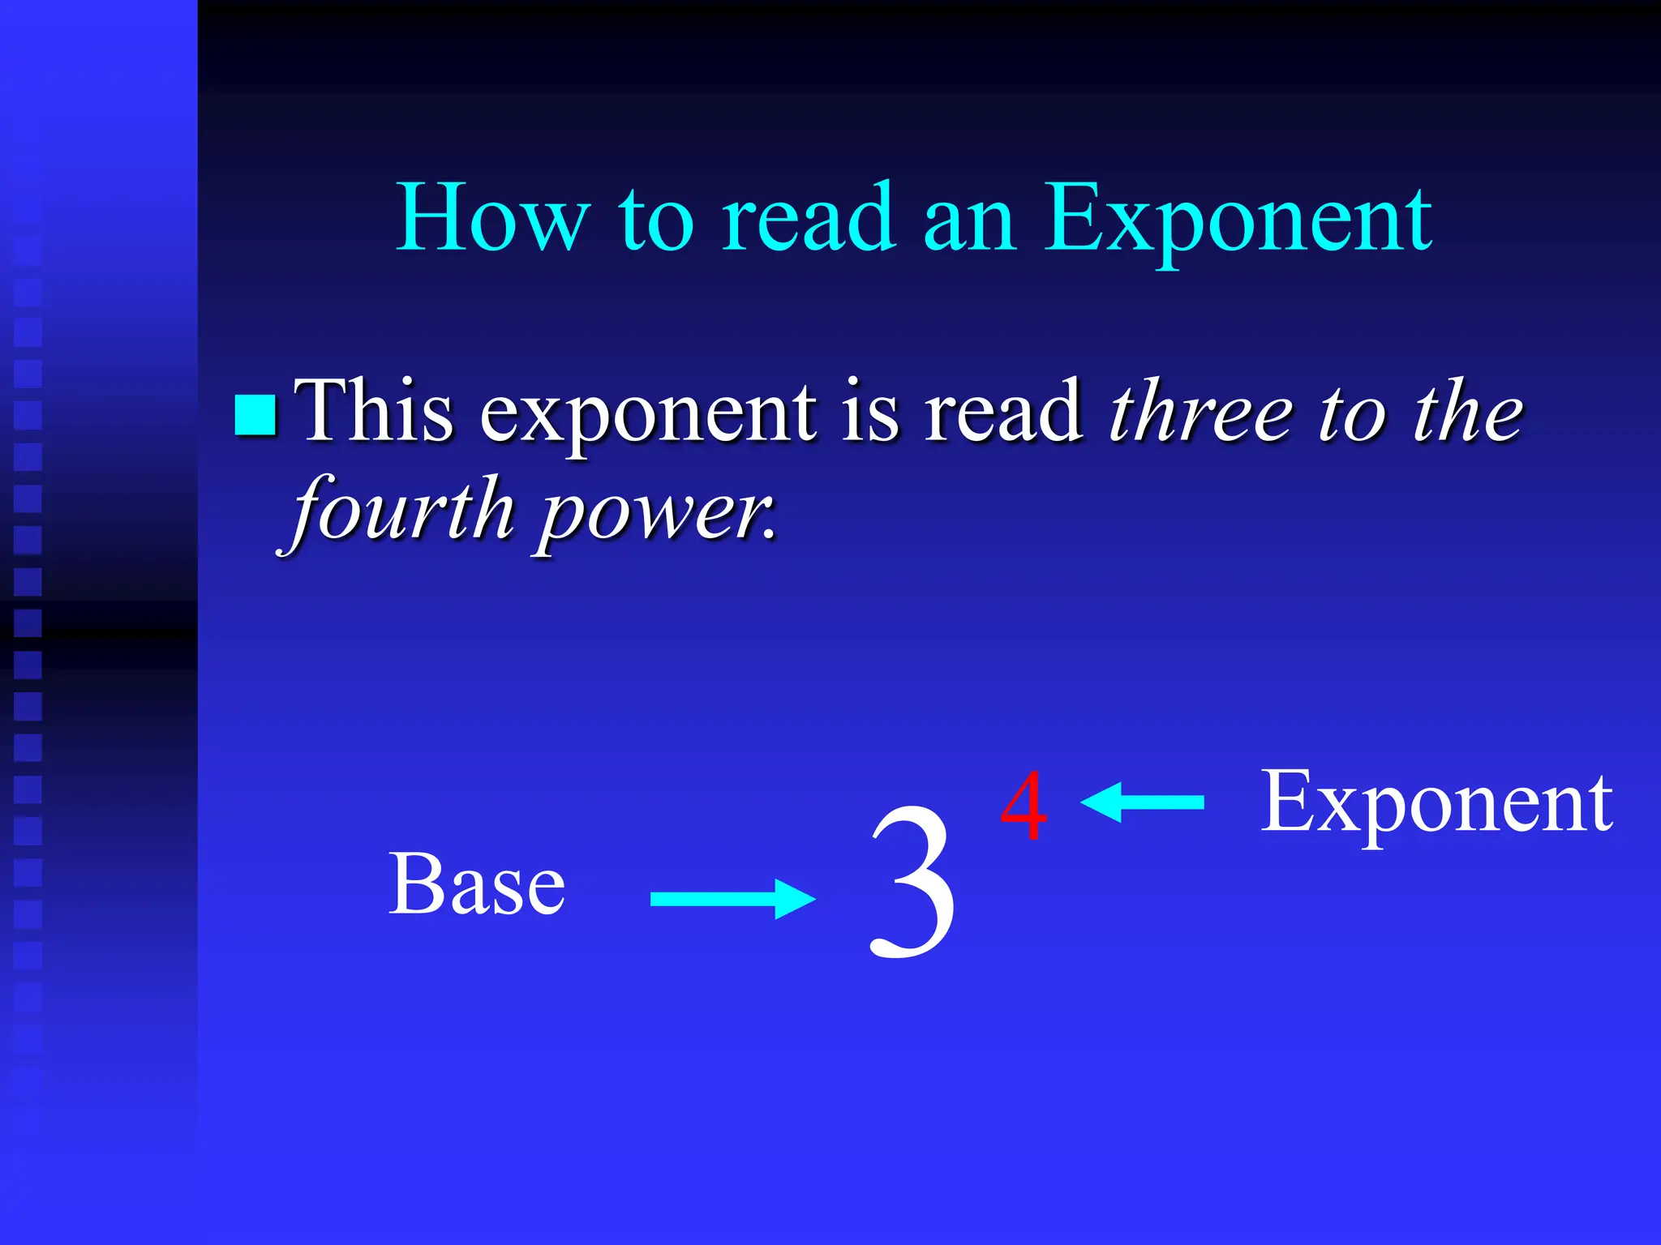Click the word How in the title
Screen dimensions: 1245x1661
[491, 217]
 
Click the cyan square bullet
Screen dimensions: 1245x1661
[255, 415]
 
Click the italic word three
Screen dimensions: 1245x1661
[1201, 412]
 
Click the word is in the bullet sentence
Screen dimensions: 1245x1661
[870, 412]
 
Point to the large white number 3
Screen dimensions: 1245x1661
[912, 883]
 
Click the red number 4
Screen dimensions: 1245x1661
[1024, 806]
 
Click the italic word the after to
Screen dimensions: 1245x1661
[1469, 412]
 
